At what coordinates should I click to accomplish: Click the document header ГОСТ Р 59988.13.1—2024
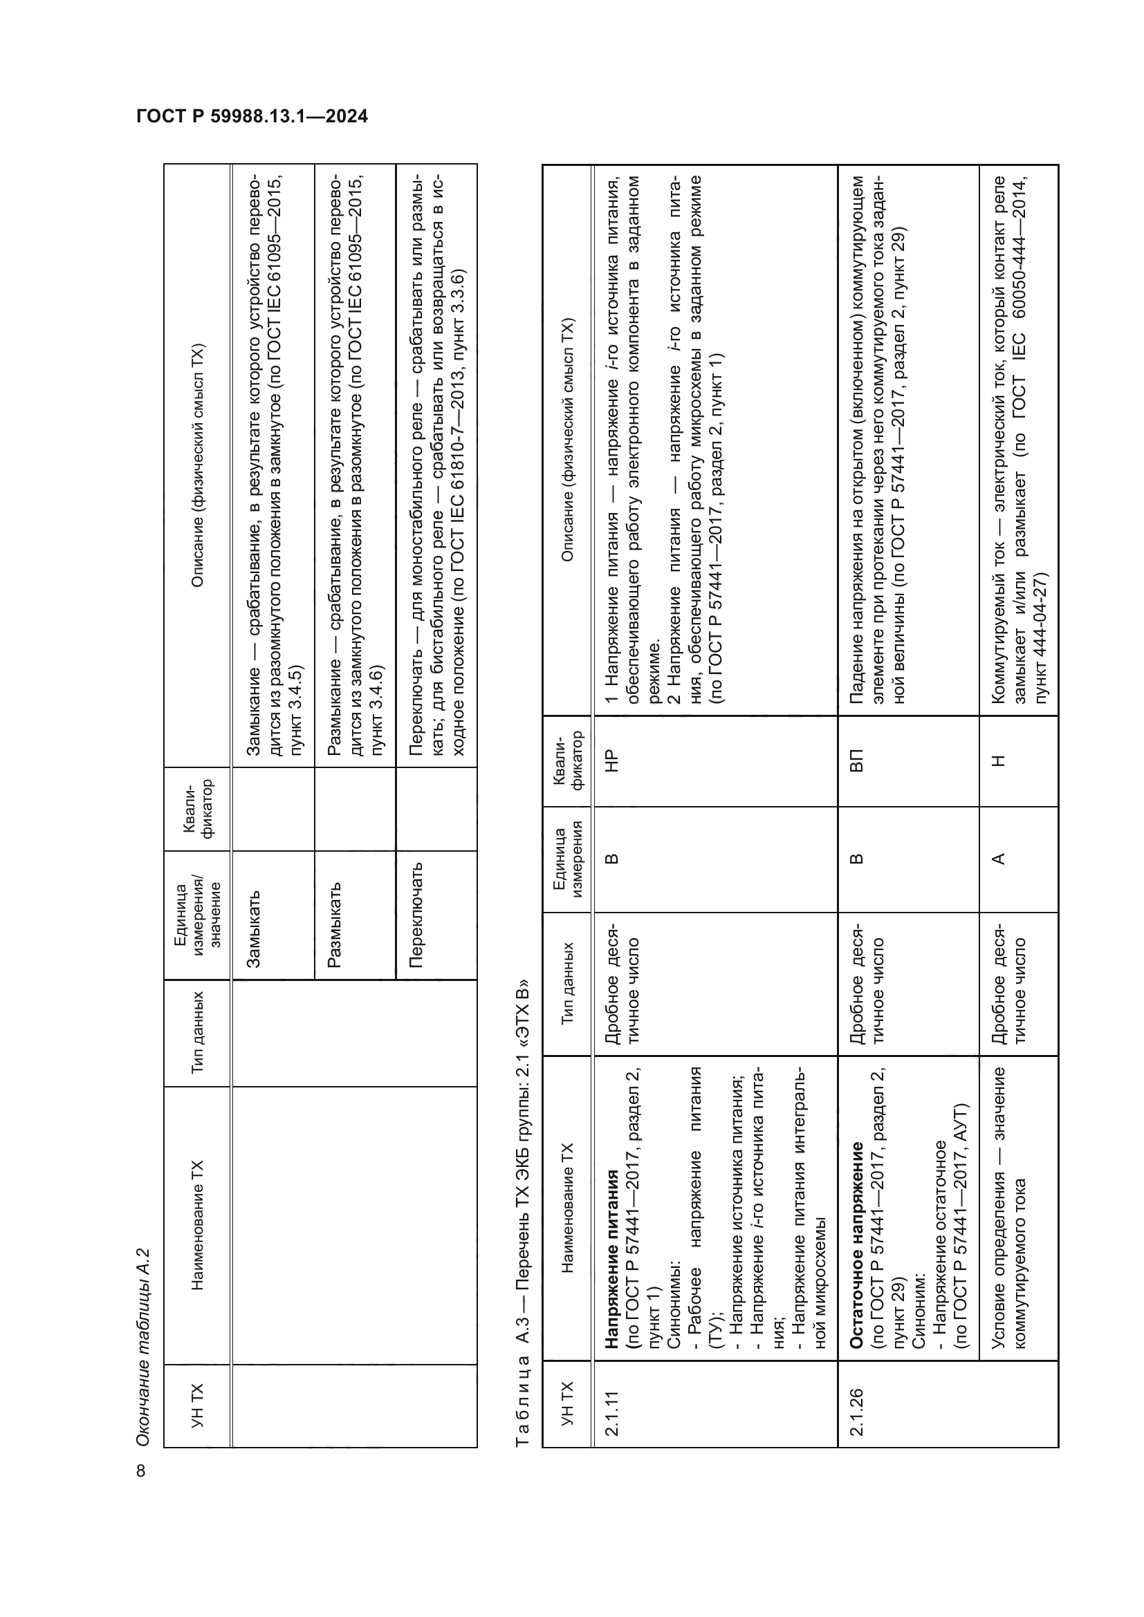252,117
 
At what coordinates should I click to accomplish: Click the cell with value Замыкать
255,928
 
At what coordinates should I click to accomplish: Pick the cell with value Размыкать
335,924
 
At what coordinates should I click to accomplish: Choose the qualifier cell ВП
856,760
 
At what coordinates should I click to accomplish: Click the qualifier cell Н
997,760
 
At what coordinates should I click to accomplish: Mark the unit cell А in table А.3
997,859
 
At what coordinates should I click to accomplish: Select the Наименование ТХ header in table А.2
198,1225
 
